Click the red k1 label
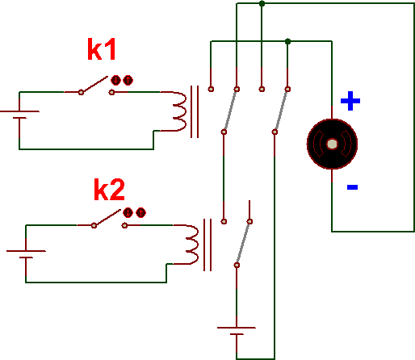click(x=102, y=49)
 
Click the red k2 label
click(x=109, y=190)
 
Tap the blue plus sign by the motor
click(x=350, y=101)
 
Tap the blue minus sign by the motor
click(x=352, y=187)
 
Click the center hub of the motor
click(x=332, y=144)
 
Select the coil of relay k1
click(x=179, y=111)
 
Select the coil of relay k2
click(x=192, y=245)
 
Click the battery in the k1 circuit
click(x=19, y=115)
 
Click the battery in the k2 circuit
click(x=26, y=254)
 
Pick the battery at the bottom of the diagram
click(x=237, y=331)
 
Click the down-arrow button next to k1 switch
click(x=115, y=80)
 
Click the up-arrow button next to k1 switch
click(x=128, y=80)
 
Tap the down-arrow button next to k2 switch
click(x=128, y=212)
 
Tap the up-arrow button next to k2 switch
click(x=140, y=212)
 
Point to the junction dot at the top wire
click(x=262, y=3)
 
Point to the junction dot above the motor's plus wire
click(x=287, y=41)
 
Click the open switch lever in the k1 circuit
click(x=94, y=85)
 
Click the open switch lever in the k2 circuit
click(x=107, y=217)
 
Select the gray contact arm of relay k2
click(x=243, y=243)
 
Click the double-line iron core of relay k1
click(x=195, y=111)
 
